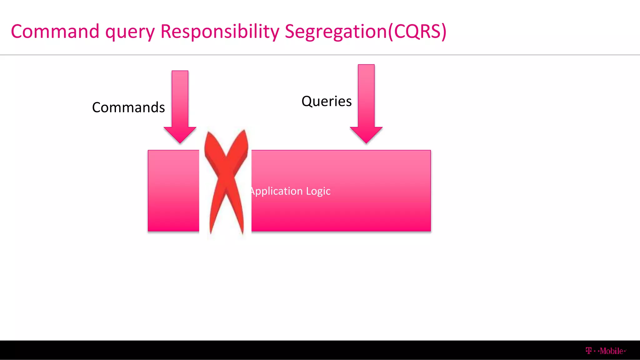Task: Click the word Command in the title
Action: click(x=55, y=32)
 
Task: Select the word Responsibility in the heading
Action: click(x=220, y=32)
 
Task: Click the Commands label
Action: click(x=128, y=107)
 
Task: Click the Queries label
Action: click(x=327, y=101)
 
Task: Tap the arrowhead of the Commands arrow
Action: click(x=180, y=134)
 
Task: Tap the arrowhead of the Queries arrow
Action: click(x=366, y=134)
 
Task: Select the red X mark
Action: click(x=226, y=181)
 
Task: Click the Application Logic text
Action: click(x=291, y=191)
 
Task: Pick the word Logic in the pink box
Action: click(x=318, y=191)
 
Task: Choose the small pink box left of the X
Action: click(x=173, y=191)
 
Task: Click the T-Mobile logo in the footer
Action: click(x=606, y=351)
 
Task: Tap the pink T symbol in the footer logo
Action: click(x=589, y=351)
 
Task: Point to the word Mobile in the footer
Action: click(x=612, y=351)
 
